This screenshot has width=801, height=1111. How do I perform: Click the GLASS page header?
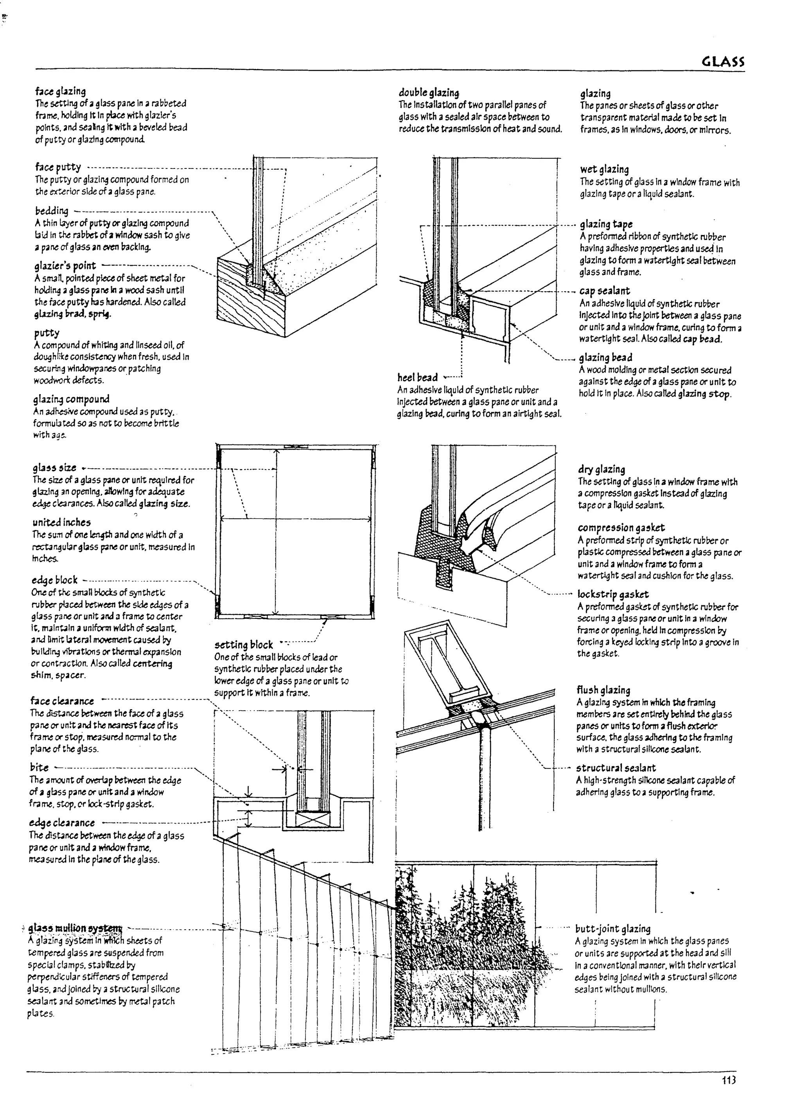723,62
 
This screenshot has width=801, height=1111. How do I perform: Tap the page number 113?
729,1080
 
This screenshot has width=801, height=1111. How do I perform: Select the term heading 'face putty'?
58,167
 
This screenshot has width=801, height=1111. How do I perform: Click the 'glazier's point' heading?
65,265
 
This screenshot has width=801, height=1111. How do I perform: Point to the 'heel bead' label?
417,377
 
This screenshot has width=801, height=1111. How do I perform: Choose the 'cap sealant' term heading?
604,291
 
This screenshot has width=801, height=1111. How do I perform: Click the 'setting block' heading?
244,645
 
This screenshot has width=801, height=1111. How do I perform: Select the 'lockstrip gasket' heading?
613,594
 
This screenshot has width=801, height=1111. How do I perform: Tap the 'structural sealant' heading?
616,768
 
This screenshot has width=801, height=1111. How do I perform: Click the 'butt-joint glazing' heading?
613,929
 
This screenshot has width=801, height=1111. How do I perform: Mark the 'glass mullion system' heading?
75,928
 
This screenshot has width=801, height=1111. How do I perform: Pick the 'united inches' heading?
62,522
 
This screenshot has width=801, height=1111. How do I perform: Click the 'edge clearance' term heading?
62,822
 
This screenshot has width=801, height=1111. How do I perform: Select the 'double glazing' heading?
429,93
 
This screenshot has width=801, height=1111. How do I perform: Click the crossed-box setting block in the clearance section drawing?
307,819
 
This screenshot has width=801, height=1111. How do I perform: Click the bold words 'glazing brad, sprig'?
72,314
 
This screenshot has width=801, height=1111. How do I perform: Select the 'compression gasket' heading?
621,528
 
